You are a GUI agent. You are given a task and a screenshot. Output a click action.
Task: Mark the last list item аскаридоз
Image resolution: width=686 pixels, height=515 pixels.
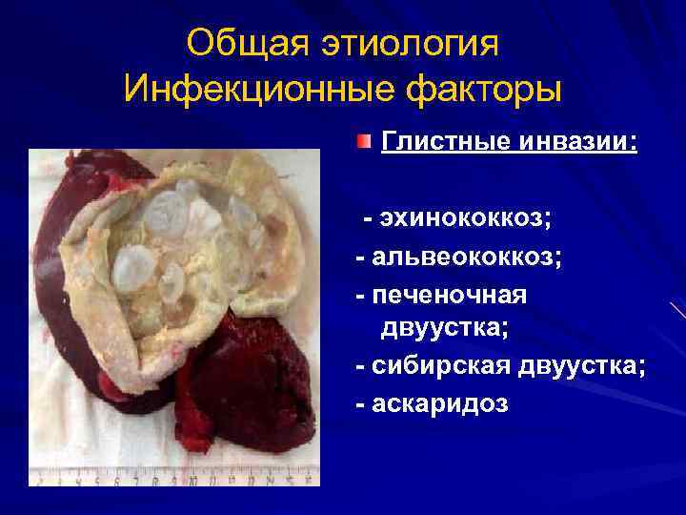(x=442, y=404)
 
